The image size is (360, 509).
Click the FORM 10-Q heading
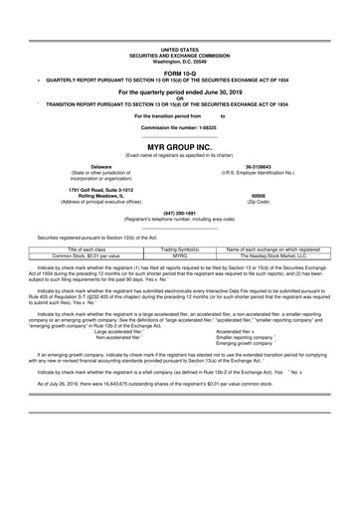(179, 73)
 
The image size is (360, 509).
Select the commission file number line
(179, 128)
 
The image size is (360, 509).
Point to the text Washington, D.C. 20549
(179, 60)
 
